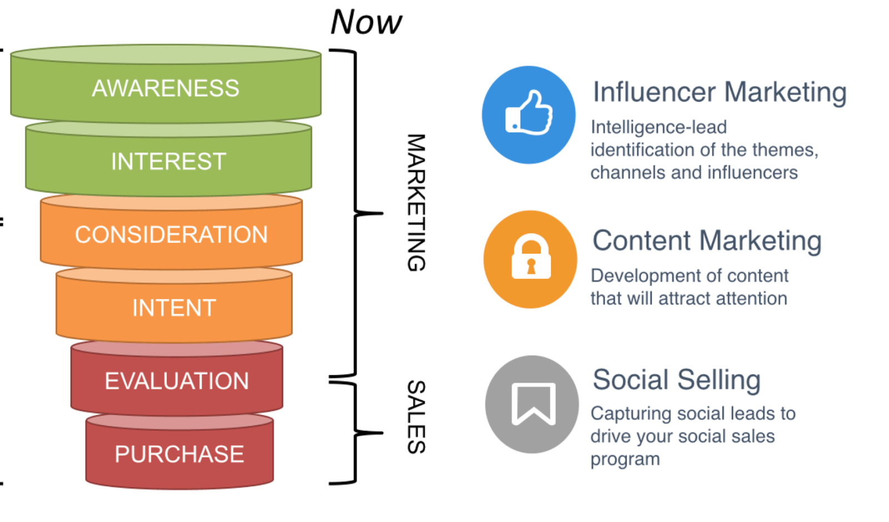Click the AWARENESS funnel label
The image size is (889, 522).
[166, 88]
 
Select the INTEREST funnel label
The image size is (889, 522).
[168, 162]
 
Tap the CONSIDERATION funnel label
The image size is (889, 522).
[171, 235]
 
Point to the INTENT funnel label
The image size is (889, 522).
[174, 308]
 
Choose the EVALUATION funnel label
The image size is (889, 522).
[177, 381]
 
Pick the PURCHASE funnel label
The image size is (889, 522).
[179, 454]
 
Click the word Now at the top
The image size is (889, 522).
[366, 22]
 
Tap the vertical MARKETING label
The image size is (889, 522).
[416, 202]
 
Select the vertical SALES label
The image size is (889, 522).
[416, 417]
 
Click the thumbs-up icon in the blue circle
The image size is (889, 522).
[529, 114]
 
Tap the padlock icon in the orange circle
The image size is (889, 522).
[531, 258]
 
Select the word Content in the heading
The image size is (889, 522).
[642, 241]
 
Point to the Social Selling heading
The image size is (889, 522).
[676, 380]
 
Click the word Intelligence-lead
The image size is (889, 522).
[658, 127]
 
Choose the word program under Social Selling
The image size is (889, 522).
[625, 460]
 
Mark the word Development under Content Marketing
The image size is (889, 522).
[638, 276]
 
